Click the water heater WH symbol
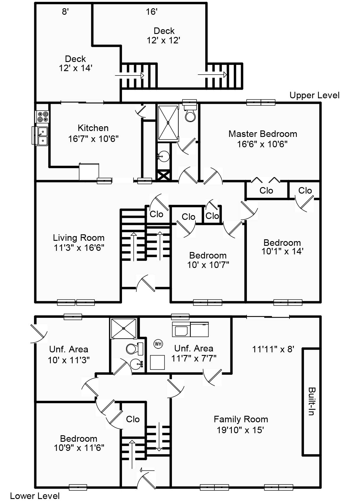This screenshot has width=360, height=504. click(158, 344)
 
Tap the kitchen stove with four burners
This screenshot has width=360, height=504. click(42, 116)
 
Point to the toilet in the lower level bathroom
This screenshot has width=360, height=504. click(134, 349)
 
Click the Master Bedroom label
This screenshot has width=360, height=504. click(263, 134)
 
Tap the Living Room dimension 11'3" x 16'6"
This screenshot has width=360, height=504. click(79, 248)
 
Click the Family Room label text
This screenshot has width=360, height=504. click(241, 419)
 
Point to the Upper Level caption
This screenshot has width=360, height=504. click(314, 95)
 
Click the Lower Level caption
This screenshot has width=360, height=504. click(35, 496)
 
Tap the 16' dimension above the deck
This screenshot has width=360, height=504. click(152, 12)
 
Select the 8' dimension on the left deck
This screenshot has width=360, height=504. click(65, 12)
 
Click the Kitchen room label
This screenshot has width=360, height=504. click(93, 128)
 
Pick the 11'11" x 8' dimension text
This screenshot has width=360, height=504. click(273, 349)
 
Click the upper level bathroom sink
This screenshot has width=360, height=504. click(163, 156)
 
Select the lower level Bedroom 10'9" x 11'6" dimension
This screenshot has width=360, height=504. click(79, 448)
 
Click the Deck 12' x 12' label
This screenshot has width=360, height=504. click(164, 35)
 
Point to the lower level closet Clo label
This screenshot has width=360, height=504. click(133, 419)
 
